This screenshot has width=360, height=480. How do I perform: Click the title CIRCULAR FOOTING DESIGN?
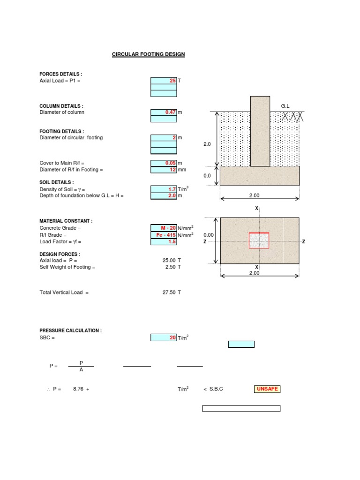coord(148,54)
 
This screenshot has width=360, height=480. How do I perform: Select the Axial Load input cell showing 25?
coord(164,81)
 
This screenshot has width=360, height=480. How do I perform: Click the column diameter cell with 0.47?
coord(164,112)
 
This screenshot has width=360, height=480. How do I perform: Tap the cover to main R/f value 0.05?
coord(164,163)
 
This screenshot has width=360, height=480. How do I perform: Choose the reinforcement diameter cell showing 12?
coord(164,170)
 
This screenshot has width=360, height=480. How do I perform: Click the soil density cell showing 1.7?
coord(164,189)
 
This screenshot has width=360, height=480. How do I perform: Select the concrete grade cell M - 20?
coord(164,228)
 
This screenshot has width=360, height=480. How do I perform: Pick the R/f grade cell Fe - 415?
coord(164,235)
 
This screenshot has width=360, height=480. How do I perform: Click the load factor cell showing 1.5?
coord(164,242)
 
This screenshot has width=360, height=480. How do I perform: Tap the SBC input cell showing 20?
coord(164,337)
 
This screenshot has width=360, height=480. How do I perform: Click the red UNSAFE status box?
coord(267,389)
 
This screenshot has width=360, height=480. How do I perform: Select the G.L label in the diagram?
coord(285,106)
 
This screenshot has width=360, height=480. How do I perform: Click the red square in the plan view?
coord(259,240)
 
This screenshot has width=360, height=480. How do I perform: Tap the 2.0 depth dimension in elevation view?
coord(207,145)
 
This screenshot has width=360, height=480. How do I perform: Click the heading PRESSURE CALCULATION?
coord(70,330)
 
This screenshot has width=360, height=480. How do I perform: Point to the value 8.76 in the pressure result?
coord(78,389)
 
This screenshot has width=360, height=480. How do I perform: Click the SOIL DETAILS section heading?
coord(57,182)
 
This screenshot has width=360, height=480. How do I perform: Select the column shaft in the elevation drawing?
coord(260,131)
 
